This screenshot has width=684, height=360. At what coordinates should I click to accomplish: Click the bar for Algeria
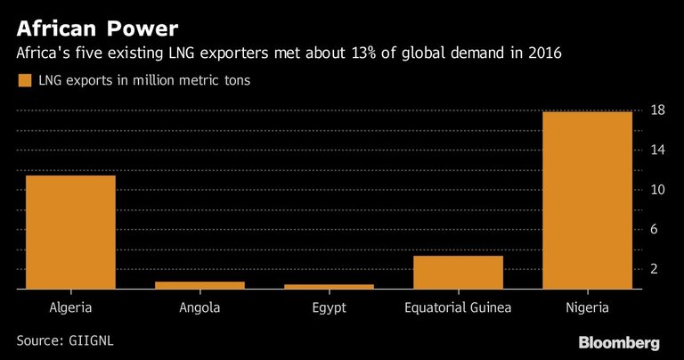[x=70, y=232]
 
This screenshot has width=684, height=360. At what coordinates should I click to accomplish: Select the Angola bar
[x=199, y=285]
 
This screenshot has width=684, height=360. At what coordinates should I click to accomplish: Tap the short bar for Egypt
[x=329, y=287]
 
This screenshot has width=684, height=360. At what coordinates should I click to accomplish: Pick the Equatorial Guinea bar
[x=458, y=273]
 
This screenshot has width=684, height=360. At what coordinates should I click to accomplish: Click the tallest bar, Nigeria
[x=587, y=200]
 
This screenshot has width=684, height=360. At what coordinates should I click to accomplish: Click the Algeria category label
[x=70, y=308]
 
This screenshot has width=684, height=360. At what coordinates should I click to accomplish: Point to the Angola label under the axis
[x=199, y=308]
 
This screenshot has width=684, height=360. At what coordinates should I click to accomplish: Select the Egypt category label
[x=329, y=309]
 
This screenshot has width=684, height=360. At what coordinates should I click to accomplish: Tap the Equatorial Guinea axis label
[x=458, y=308]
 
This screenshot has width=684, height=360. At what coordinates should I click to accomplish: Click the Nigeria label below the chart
[x=587, y=309]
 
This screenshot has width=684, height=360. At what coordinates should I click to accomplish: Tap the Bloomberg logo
[x=619, y=342]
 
